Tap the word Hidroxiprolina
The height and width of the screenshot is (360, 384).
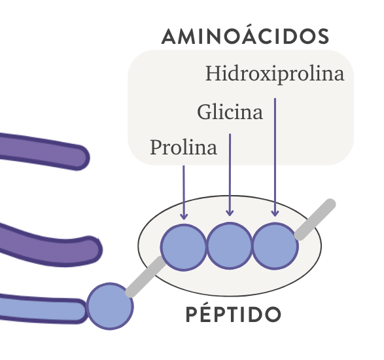tap(275, 74)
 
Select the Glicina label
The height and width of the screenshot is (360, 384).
tap(230, 112)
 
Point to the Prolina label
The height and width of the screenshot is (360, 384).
tap(183, 147)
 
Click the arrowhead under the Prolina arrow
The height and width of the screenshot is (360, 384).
tap(184, 217)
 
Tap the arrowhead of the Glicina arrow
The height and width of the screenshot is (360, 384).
tap(230, 213)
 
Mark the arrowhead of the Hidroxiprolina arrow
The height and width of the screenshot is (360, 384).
tap(275, 213)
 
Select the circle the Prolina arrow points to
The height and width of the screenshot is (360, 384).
tap(183, 247)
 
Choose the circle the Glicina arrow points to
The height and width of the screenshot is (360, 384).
tap(230, 246)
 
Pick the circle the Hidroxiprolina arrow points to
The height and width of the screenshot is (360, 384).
tap(275, 246)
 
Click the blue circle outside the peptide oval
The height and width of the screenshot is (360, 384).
tap(110, 306)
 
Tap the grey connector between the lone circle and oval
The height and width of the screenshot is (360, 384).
tap(146, 276)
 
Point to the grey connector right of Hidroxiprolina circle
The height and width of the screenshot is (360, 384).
tap(315, 219)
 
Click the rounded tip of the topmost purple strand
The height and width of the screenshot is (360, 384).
tap(83, 158)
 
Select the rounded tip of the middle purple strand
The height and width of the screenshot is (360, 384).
tap(95, 249)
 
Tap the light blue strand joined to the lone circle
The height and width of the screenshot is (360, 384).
tap(42, 310)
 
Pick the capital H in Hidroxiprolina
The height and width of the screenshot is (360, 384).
tap(213, 73)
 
